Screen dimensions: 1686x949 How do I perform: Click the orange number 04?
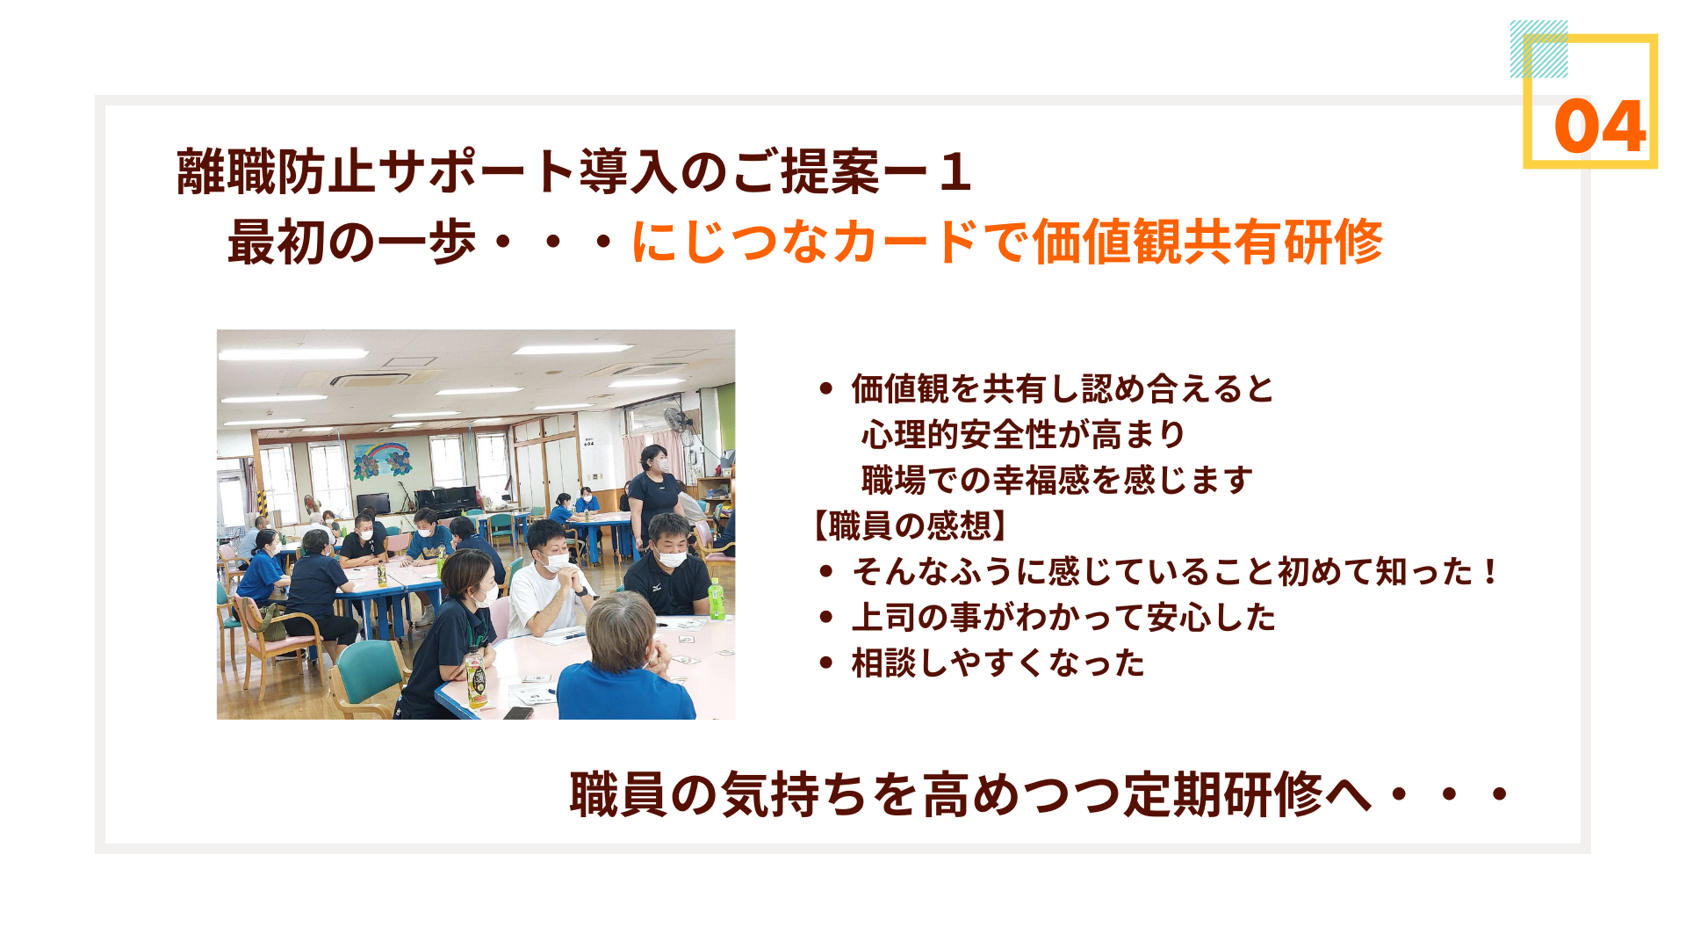1599,127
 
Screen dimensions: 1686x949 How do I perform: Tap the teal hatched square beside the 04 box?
1538,49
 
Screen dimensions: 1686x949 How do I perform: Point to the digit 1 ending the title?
955,172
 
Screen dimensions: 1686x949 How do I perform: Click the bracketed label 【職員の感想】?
910,525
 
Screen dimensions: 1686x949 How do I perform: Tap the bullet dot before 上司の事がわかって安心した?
825,618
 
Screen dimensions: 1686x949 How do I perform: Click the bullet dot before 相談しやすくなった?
825,663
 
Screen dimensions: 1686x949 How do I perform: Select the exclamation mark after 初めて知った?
1489,572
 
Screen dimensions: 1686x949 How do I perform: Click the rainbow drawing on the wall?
382,460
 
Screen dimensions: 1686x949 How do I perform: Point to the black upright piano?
445,501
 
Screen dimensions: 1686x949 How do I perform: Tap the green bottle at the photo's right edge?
717,599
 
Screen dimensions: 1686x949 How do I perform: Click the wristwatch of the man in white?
582,590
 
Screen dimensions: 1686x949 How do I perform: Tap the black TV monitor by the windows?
373,503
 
